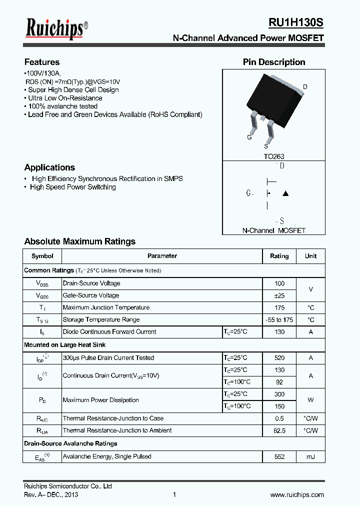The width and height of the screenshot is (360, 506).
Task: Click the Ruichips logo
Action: [x=56, y=29]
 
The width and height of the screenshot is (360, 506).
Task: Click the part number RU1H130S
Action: [x=296, y=23]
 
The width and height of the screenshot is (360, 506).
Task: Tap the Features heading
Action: [x=42, y=62]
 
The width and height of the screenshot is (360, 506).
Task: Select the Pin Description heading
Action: [x=274, y=62]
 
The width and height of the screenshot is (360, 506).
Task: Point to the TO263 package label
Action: [x=274, y=156]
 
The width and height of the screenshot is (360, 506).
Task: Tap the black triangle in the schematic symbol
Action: [x=285, y=193]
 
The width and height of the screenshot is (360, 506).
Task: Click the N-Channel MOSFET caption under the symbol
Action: [x=274, y=230]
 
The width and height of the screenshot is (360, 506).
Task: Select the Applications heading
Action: [x=49, y=167]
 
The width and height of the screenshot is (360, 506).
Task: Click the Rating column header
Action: [x=279, y=256]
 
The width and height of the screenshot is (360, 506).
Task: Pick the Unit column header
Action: [x=310, y=256]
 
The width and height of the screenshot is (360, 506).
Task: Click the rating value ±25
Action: [x=279, y=295]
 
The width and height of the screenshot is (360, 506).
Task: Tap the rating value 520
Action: [x=279, y=358]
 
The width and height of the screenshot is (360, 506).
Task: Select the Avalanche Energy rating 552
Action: [x=279, y=456]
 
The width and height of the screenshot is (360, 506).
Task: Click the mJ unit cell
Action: [x=310, y=456]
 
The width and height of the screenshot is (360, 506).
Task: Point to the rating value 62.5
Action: [x=279, y=430]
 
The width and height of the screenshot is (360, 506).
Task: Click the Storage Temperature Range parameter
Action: [x=101, y=319]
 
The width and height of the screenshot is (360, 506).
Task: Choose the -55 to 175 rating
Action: [x=279, y=319]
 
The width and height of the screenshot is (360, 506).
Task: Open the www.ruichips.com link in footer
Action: [x=297, y=494]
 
